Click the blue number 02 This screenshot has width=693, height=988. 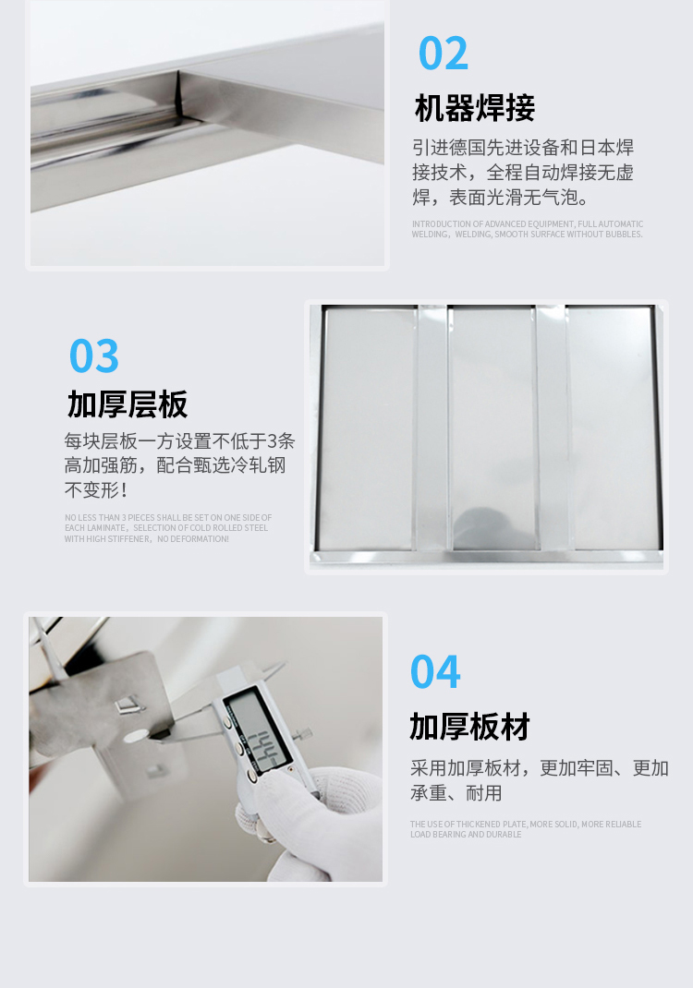(444, 54)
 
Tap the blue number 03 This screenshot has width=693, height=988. (94, 356)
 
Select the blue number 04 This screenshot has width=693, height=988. (435, 671)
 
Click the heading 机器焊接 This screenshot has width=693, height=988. (475, 108)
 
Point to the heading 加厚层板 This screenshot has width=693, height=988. (128, 404)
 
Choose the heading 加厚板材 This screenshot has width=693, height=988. (469, 727)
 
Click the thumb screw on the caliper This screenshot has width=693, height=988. (303, 735)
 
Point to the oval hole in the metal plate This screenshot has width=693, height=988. (136, 735)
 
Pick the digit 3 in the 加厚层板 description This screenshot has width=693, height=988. (272, 440)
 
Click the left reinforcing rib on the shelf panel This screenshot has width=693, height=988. (432, 428)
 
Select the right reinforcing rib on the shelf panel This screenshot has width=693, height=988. (552, 428)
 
